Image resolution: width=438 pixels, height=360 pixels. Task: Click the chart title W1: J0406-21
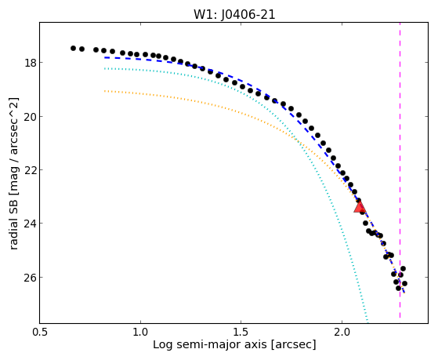point(234,15)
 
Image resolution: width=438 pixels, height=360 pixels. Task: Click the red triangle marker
point(360,207)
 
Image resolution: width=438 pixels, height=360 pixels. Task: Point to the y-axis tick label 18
point(29,62)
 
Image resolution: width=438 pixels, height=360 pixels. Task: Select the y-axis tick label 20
point(29,116)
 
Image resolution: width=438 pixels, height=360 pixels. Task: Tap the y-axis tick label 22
point(29,169)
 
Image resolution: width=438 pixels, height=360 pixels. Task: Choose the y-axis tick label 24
point(29,224)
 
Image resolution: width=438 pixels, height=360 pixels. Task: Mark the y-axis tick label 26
point(29,277)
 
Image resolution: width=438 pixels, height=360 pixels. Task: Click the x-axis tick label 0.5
point(40,333)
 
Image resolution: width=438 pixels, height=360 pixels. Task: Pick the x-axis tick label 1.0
point(140,333)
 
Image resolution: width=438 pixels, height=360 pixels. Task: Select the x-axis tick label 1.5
point(241,333)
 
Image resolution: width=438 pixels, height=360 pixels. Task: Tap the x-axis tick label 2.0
point(342,333)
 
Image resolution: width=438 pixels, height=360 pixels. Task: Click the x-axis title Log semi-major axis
point(210,344)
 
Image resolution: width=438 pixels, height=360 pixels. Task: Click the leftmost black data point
point(73,48)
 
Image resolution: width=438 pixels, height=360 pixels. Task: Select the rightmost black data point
point(404,283)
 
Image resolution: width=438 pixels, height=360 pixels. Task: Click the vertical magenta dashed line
point(400,170)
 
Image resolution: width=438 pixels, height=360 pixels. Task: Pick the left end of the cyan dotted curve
point(105,68)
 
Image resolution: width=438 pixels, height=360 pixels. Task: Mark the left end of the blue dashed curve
point(105,57)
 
